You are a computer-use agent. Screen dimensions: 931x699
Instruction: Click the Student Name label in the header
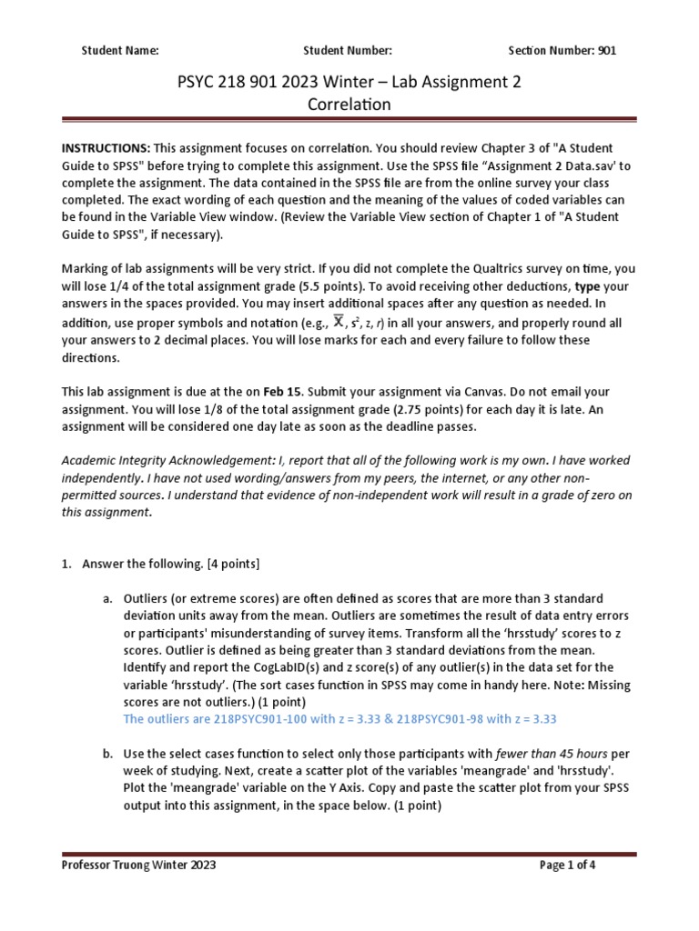click(120, 51)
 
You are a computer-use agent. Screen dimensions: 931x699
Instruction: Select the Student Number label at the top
click(348, 51)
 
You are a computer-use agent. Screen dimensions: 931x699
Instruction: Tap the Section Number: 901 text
click(562, 51)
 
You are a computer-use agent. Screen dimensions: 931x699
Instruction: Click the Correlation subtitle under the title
click(349, 105)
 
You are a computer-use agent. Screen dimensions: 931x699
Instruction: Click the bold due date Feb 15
click(280, 392)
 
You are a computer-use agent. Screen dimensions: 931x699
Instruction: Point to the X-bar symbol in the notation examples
click(339, 322)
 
